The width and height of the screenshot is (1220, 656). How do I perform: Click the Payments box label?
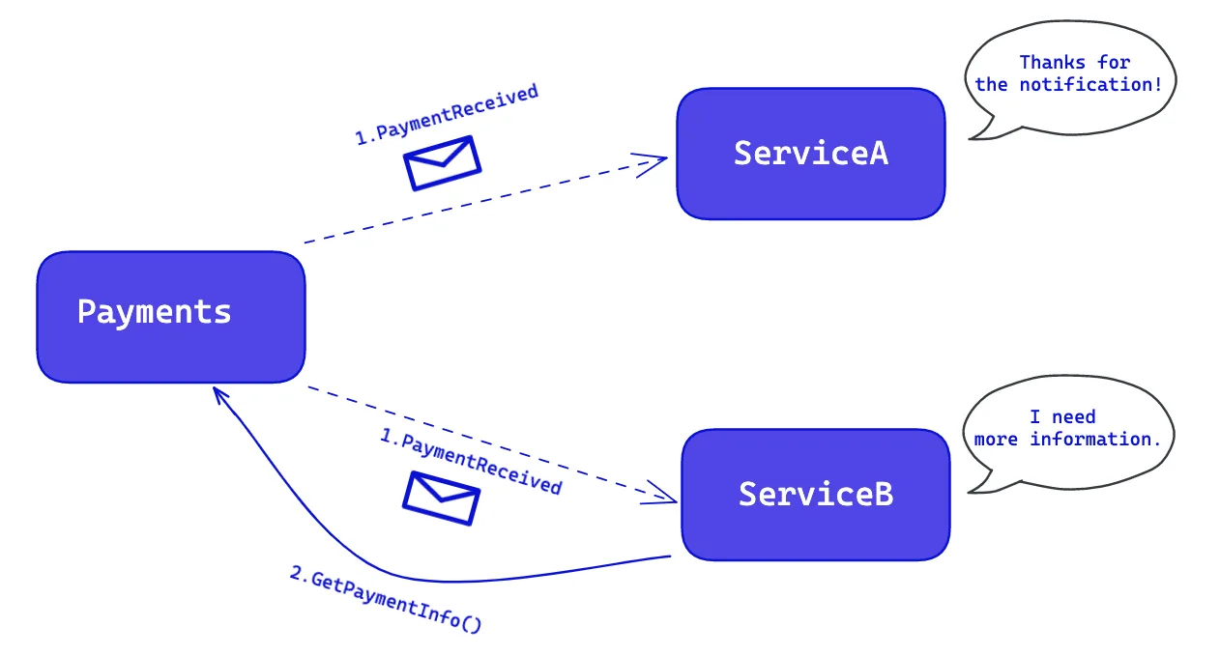154,312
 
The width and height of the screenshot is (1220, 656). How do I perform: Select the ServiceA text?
811,153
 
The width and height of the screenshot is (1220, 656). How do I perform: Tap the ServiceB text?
815,495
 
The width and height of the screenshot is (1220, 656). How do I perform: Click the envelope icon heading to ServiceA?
442,162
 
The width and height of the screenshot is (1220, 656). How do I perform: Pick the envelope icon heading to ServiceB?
441,498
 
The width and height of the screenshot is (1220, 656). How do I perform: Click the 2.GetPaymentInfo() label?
386,599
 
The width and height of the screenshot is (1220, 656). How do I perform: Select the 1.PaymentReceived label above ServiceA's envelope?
447,114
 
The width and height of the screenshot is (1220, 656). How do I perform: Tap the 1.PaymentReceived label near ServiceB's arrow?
471,462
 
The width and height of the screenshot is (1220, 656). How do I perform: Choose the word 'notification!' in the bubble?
1090,85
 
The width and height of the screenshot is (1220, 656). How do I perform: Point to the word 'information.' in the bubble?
1095,440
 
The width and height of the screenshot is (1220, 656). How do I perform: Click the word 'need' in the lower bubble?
1073,417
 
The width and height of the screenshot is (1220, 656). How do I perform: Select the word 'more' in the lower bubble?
996,440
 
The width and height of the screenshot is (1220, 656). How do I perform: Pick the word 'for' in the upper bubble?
1114,63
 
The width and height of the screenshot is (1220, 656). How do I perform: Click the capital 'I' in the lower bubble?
1034,417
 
